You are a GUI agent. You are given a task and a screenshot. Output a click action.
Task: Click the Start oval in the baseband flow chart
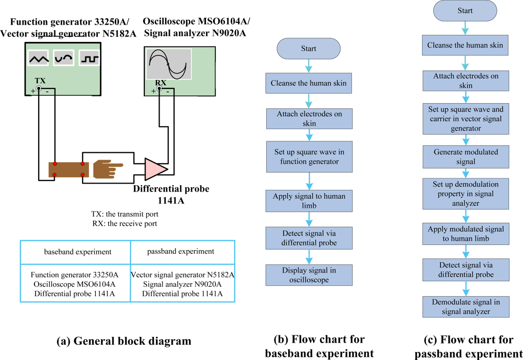coord(309,49)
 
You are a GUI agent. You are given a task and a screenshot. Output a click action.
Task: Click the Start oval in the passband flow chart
coord(465,10)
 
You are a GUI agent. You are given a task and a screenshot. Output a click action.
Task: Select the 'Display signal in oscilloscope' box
coord(309,276)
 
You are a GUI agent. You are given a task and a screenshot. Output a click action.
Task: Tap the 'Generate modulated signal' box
coord(465,156)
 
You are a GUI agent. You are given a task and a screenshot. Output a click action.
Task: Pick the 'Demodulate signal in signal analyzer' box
coord(465,307)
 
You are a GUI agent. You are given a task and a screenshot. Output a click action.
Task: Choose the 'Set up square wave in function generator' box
coord(309,156)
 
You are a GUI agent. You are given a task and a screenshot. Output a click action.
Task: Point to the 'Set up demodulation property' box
coord(465,194)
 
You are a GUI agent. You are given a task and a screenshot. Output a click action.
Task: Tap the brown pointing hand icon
coord(107,169)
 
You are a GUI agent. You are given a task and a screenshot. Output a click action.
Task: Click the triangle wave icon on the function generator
coord(38,58)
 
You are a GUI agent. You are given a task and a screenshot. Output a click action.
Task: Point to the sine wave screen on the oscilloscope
coord(167,64)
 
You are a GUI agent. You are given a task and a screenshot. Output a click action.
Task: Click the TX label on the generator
coord(40,81)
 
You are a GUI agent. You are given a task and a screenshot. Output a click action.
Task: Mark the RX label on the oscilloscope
coord(161,83)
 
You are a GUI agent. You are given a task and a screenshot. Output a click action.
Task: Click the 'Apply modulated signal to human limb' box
coord(465,233)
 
